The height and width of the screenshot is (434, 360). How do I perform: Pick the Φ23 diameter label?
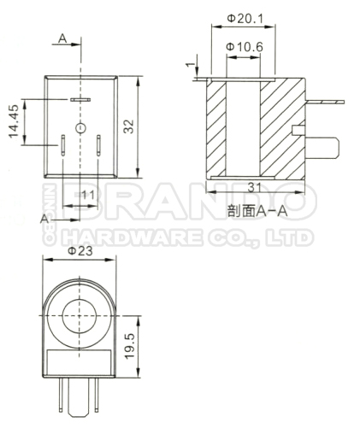click(x=80, y=251)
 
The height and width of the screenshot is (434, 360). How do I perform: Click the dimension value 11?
click(x=87, y=195)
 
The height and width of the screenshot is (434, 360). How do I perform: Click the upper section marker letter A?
click(x=63, y=38)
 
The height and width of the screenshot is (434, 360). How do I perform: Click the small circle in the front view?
click(x=80, y=128)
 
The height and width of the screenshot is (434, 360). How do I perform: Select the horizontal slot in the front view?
click(x=80, y=101)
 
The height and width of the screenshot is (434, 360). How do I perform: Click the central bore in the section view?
click(x=244, y=128)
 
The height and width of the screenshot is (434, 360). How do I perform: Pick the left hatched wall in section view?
click(x=216, y=128)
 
